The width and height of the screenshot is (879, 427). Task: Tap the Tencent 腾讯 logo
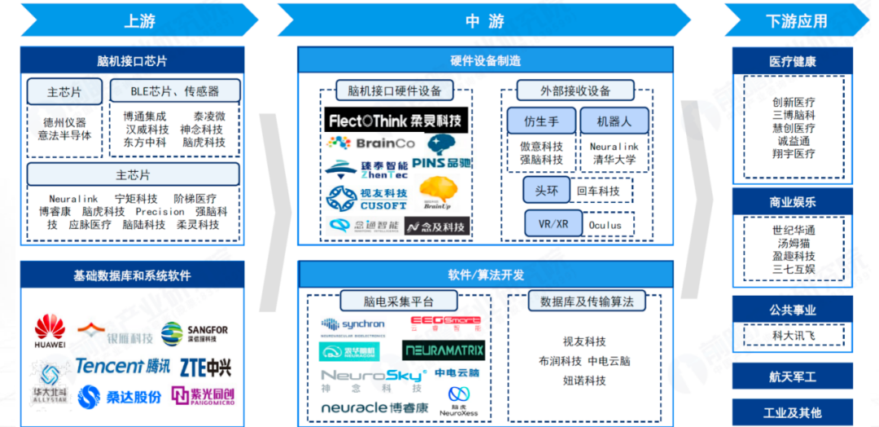[123, 366]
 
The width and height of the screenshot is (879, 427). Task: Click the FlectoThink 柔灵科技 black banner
[396, 121]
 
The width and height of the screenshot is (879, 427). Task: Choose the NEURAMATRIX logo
[444, 351]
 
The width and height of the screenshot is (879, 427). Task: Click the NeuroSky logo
[373, 376]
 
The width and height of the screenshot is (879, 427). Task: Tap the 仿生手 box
[541, 121]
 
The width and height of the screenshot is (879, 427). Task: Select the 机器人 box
[614, 121]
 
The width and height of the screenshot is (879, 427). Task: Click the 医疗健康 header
[792, 61]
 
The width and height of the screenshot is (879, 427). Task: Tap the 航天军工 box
[792, 376]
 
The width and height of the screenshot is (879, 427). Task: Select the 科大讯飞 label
[793, 335]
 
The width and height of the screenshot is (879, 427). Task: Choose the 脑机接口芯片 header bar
[132, 61]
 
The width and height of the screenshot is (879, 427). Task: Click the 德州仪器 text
[65, 122]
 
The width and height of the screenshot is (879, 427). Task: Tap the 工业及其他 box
[792, 412]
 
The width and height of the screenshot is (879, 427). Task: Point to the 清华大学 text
[614, 160]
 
